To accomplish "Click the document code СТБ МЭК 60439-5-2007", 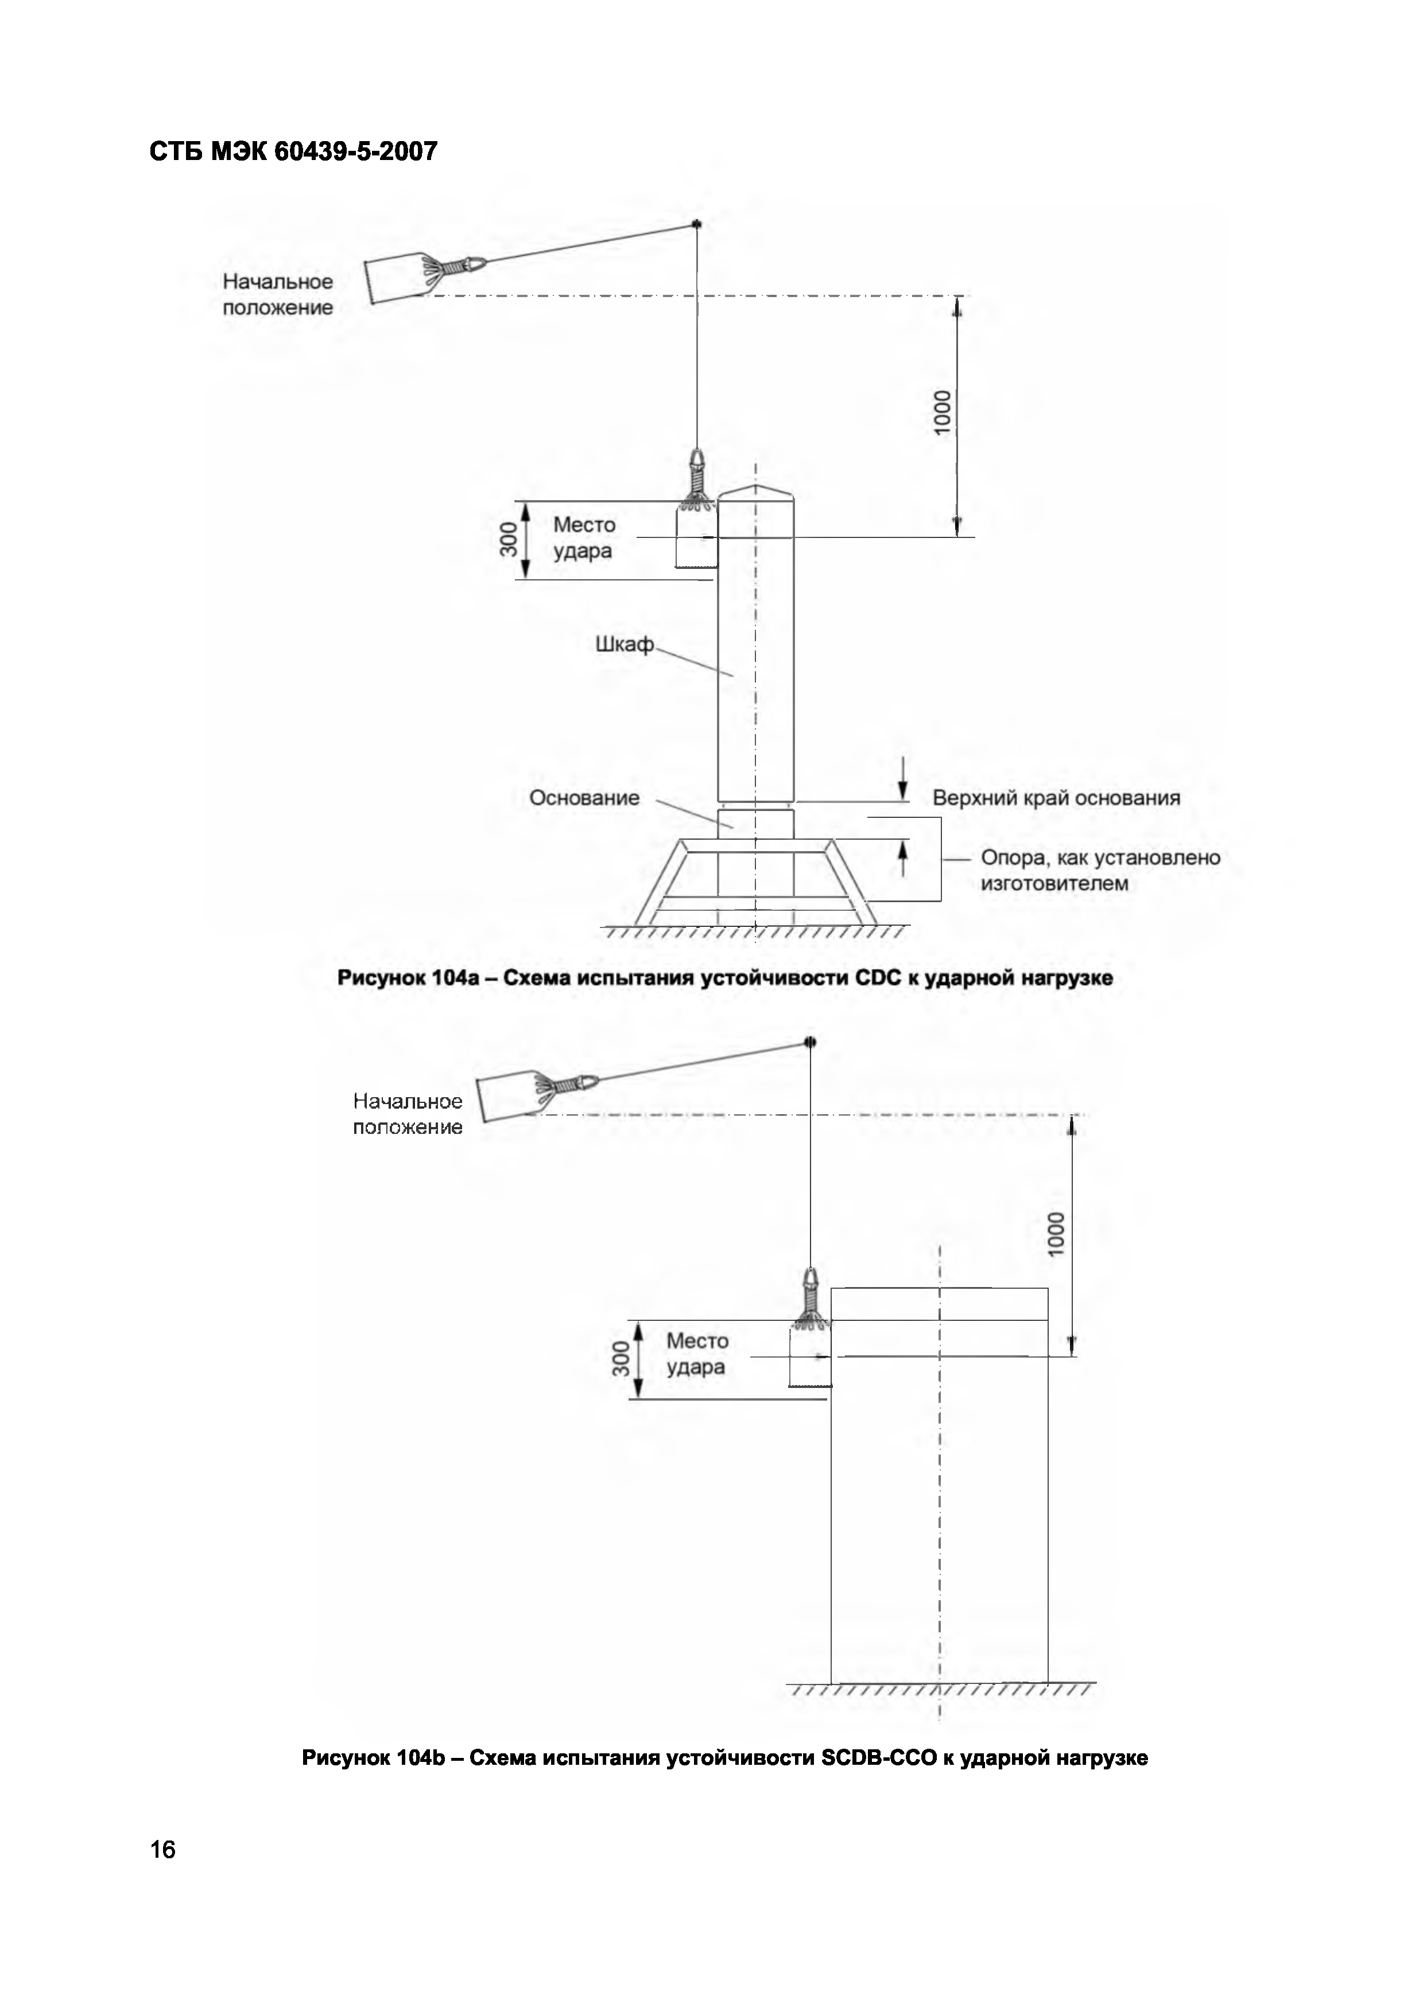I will click(x=293, y=151).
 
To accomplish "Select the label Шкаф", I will click(x=625, y=645).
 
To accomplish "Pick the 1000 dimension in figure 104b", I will click(x=1057, y=1233).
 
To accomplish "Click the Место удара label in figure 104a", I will click(x=584, y=538).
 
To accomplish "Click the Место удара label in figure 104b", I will click(x=697, y=1354).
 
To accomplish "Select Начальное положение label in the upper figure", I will click(x=278, y=294).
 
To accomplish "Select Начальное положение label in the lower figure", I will click(x=408, y=1114).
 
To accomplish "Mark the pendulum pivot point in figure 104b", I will click(x=810, y=1042).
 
